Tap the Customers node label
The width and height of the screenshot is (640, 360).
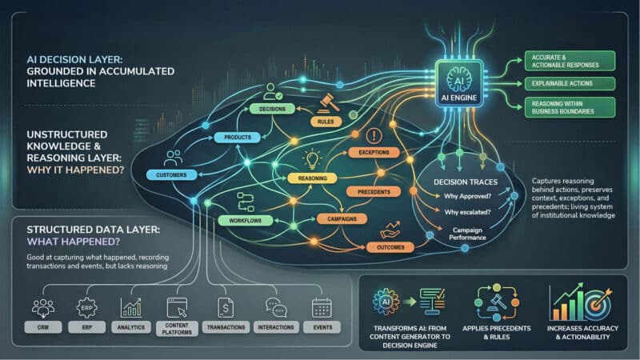(x=171, y=174)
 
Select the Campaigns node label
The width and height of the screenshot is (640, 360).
(x=342, y=218)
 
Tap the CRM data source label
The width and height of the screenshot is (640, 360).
(x=42, y=327)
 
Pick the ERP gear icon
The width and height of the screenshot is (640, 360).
(x=86, y=306)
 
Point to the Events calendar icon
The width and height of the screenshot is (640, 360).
(x=322, y=306)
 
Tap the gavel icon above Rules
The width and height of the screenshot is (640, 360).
(x=326, y=103)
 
